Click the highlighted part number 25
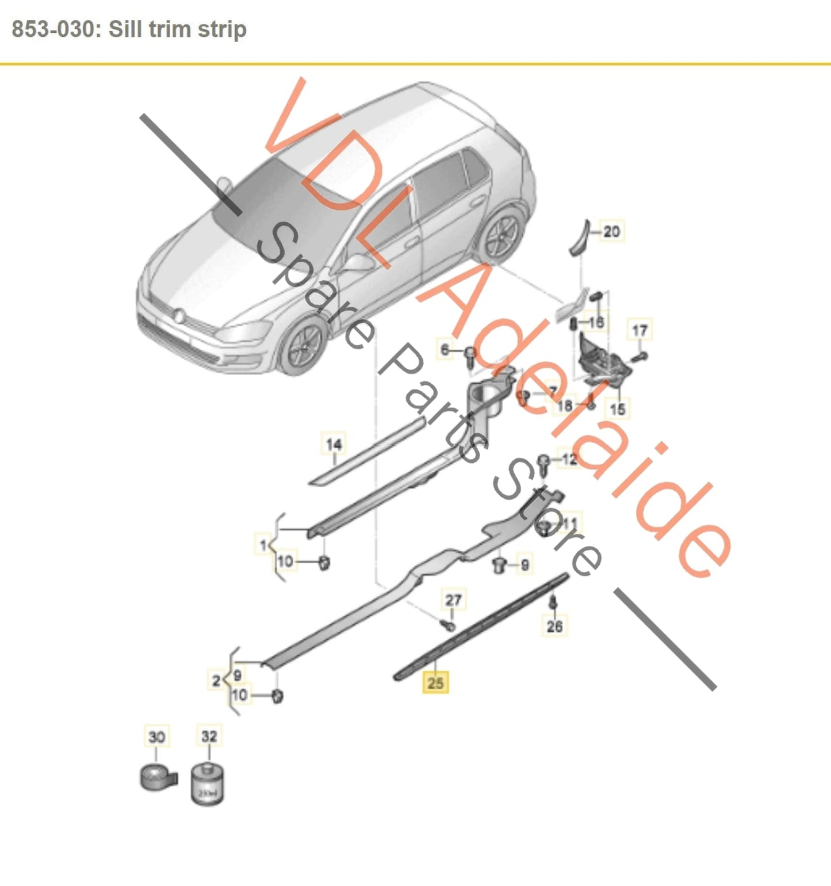coord(435,682)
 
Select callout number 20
coord(611,231)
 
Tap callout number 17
coord(639,330)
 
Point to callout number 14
coord(334,444)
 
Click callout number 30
coord(156,736)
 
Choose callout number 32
coord(209,736)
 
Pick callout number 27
coord(453,600)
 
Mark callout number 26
coord(554,625)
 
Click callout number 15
coord(617,409)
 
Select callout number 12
coord(569,459)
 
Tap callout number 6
coord(445,349)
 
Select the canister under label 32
coord(208,784)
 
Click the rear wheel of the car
coord(504,236)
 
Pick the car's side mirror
coord(359,263)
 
